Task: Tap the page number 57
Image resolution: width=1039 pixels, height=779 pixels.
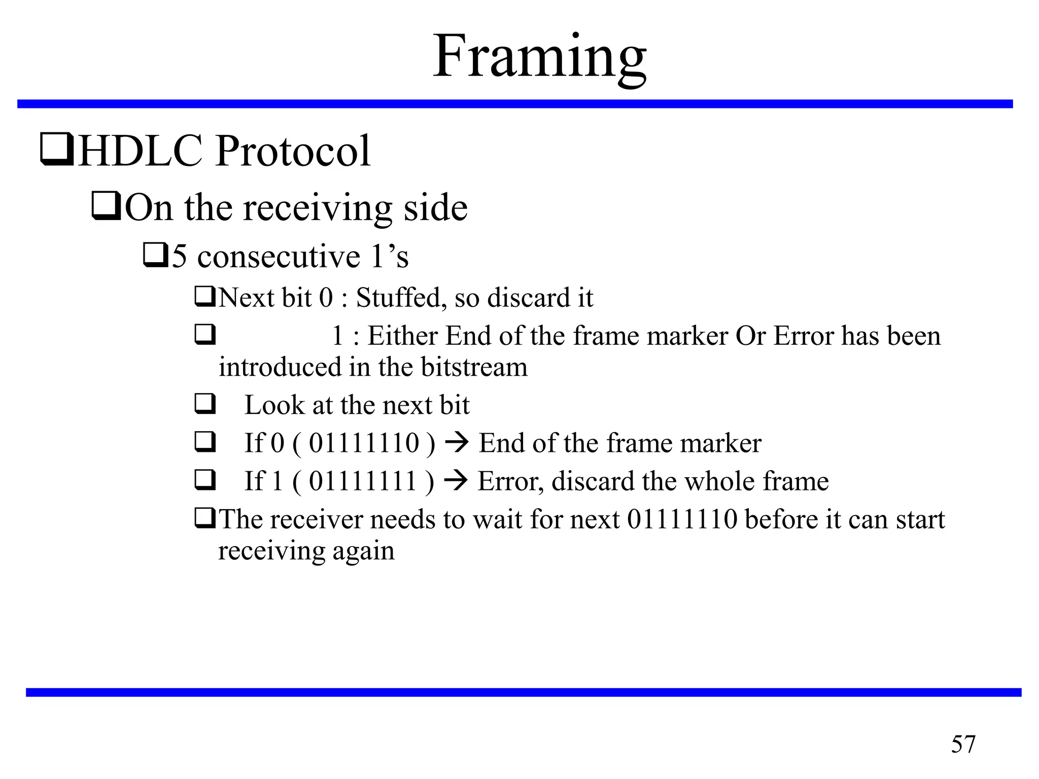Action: click(x=963, y=745)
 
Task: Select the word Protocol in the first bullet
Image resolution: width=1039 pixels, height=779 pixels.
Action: click(x=293, y=151)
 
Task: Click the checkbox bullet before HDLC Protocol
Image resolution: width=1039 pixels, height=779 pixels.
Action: click(x=56, y=150)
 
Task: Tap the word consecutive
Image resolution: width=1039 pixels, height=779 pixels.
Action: click(x=279, y=256)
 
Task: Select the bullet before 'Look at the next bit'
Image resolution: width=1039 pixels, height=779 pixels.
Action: click(x=205, y=405)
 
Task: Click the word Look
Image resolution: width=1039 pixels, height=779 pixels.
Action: click(x=274, y=405)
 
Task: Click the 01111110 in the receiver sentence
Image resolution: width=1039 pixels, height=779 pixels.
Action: click(x=682, y=519)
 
